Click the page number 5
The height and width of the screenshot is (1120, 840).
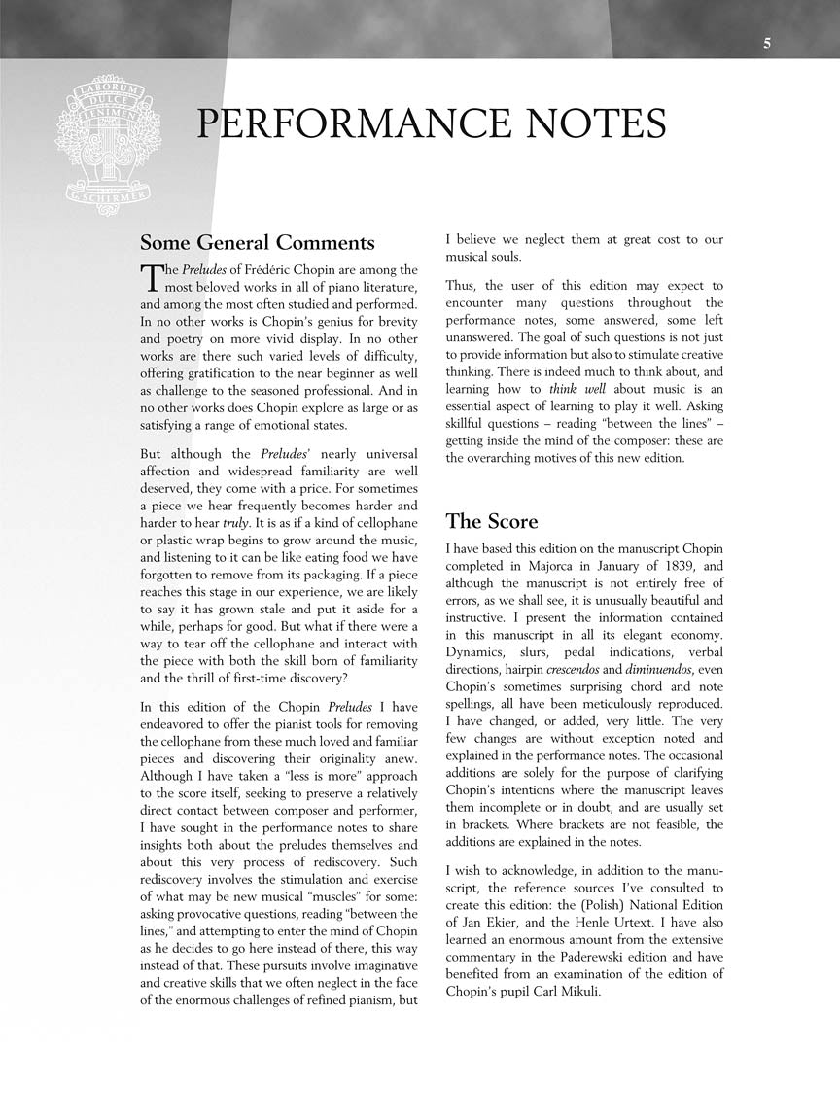click(767, 43)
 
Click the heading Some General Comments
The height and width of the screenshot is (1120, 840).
click(257, 242)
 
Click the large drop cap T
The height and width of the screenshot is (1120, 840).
click(150, 277)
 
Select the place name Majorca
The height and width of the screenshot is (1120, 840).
click(545, 566)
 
